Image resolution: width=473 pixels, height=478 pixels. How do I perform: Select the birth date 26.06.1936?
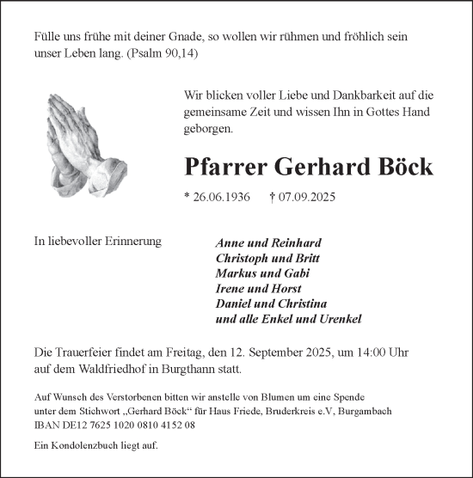coord(218,197)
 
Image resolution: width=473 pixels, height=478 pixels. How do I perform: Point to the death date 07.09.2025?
coord(300,197)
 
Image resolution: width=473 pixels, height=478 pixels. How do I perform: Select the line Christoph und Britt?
coord(267,258)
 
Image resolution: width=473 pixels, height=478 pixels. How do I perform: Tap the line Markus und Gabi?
coord(256,273)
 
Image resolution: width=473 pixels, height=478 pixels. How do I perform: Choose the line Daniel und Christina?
coord(272,303)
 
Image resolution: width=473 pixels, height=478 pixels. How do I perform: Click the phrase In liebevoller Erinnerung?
coord(98,242)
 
